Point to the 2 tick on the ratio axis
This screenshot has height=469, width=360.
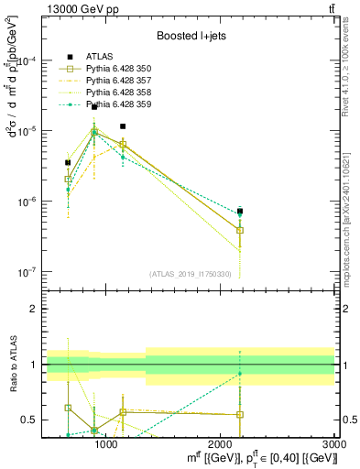click(x=32, y=309)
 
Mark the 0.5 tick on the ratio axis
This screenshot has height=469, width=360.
click(x=28, y=420)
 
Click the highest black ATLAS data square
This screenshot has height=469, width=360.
click(x=94, y=107)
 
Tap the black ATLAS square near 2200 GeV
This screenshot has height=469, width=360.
click(x=240, y=211)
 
